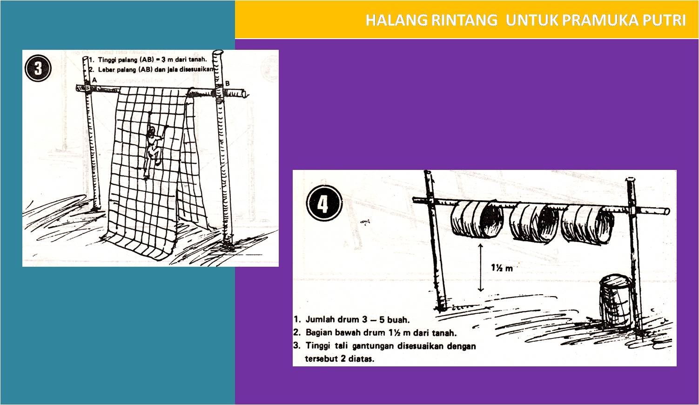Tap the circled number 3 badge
tap(37, 68)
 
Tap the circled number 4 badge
tap(324, 203)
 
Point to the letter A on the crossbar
tap(94, 80)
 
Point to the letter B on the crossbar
tap(228, 83)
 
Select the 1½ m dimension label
tap(502, 268)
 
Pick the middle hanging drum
tap(532, 222)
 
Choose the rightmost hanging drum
tap(585, 223)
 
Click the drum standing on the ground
tap(615, 302)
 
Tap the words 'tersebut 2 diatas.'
tap(339, 359)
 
